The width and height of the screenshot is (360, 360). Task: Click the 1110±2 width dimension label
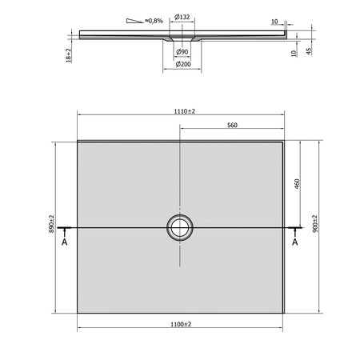tap(185, 111)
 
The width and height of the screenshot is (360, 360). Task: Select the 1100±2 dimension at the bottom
tap(181, 324)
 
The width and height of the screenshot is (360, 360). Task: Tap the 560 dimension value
tap(232, 125)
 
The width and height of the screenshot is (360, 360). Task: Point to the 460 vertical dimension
tap(297, 184)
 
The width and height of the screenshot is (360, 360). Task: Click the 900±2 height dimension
tap(315, 223)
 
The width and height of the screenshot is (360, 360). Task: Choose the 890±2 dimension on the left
tap(51, 224)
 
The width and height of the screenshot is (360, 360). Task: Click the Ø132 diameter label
tap(182, 17)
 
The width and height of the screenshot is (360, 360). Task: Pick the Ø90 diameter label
tap(182, 52)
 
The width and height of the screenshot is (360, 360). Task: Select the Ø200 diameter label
tap(183, 64)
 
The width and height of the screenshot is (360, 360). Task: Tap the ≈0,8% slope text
tap(154, 21)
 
